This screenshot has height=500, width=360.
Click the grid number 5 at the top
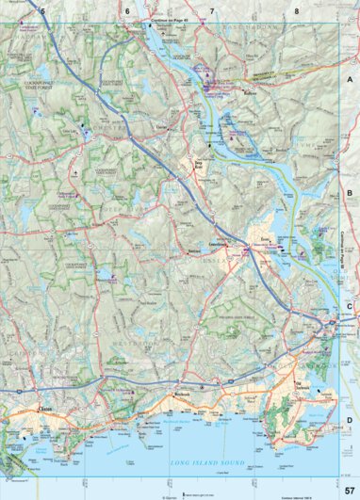tap(43, 10)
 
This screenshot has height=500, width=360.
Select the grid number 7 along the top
tap(212, 10)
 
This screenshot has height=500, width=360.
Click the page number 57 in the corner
tap(349, 489)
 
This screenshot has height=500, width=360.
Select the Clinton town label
tap(43, 409)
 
